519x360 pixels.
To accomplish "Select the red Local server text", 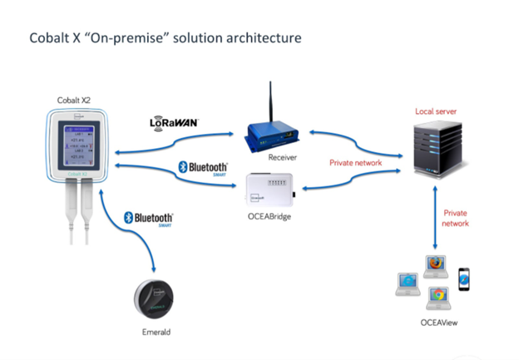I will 436,111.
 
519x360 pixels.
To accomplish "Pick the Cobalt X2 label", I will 74,101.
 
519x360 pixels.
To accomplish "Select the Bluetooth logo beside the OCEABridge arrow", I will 202,168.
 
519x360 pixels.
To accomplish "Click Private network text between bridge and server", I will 355,163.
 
